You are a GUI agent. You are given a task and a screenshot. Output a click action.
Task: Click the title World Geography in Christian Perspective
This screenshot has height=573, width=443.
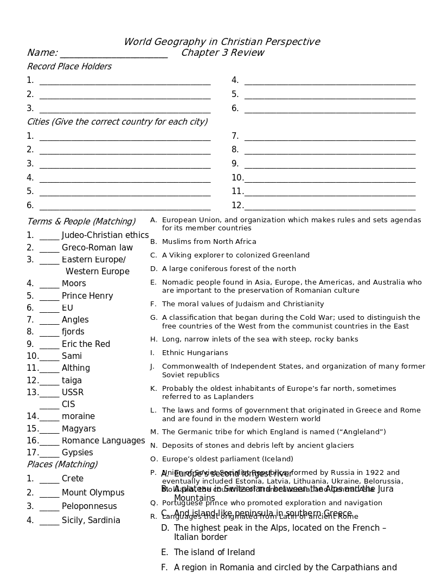point(222,42)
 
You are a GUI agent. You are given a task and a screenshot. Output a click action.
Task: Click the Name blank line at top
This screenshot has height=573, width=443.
point(113,54)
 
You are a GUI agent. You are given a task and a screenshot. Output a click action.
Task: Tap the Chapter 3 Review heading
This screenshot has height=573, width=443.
point(222,53)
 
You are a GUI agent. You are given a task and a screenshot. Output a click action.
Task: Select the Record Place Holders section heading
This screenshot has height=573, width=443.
point(69,67)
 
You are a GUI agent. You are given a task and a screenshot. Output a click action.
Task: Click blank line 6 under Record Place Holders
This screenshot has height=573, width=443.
point(330,110)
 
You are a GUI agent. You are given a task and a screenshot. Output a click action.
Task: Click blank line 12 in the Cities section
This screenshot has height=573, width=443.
point(330,206)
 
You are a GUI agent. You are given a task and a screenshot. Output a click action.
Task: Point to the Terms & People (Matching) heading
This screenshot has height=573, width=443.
point(81,221)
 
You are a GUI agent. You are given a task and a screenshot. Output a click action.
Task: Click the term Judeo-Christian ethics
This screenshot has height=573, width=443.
point(105,235)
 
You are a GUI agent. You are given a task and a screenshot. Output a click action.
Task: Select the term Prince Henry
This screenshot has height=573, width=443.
point(87,296)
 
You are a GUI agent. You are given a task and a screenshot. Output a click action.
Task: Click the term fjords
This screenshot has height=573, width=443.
point(73,332)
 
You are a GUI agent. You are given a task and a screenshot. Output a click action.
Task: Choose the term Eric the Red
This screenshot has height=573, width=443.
point(86,344)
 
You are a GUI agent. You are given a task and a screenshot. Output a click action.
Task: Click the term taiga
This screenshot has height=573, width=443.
point(72,381)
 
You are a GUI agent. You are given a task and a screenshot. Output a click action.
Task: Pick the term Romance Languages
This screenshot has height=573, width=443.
point(104,441)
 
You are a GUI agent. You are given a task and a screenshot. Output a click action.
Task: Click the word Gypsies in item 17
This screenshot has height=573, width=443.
point(78,453)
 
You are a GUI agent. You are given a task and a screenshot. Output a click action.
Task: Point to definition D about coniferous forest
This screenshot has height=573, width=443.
point(229,269)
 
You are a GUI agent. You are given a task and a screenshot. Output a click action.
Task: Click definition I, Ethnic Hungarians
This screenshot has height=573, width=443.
point(195,353)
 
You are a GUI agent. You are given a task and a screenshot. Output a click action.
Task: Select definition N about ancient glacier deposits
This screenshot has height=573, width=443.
point(258,446)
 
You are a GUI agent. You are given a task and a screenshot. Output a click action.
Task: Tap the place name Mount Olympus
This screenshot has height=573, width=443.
point(93,493)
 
